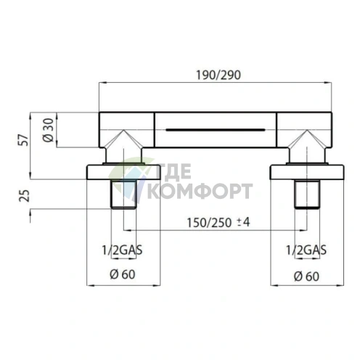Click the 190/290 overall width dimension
[218, 75]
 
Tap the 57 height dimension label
[23, 140]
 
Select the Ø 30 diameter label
[48, 130]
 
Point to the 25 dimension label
[24, 196]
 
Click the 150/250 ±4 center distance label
[218, 222]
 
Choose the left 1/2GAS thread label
[122, 250]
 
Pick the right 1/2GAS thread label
[306, 250]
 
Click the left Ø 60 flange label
[123, 274]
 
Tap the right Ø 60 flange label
[306, 276]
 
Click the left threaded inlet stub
[123, 194]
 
